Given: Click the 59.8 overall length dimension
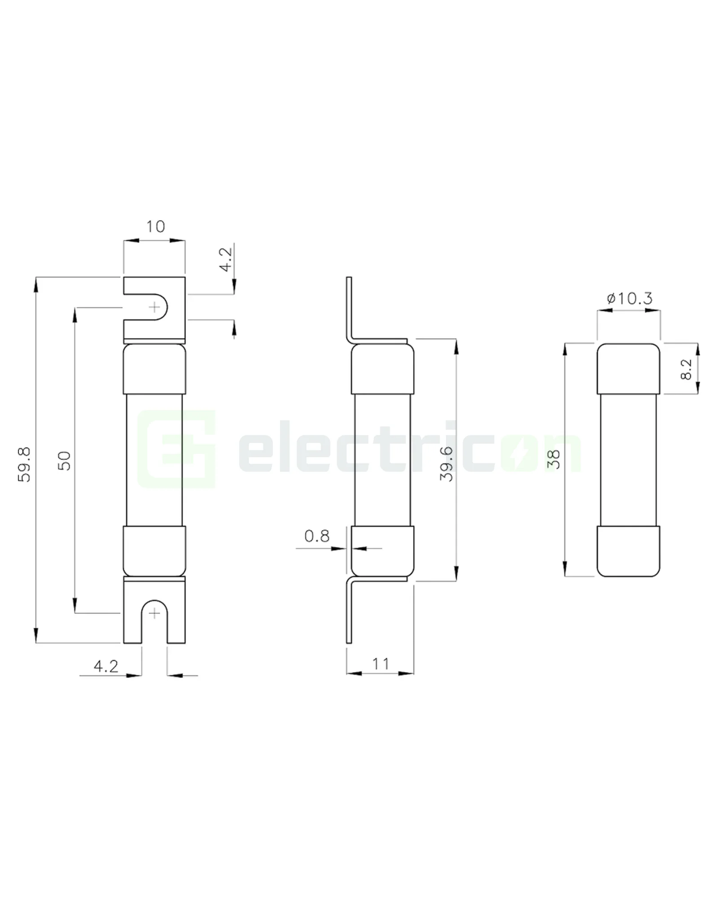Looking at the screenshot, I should (24, 464).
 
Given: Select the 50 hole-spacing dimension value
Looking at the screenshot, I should (65, 461).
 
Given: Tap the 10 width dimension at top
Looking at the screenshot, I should (155, 227).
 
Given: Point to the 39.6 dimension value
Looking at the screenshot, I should (447, 464).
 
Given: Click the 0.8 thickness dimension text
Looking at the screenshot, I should (317, 536).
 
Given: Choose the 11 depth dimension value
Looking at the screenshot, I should (381, 664).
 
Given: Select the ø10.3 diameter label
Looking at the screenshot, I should (630, 299).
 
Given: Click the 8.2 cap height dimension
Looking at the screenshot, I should (686, 369).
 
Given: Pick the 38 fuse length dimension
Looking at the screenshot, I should (554, 459).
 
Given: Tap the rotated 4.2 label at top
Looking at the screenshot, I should (226, 259).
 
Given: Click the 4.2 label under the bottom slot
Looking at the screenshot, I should (106, 666).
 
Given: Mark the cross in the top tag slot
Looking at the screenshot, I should (154, 308).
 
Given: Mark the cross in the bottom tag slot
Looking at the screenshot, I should (154, 613).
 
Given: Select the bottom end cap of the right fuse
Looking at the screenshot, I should (628, 551).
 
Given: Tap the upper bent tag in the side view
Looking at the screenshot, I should (349, 310).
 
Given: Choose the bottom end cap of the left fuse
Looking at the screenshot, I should (154, 551).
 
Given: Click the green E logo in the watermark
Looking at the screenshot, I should (176, 449).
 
